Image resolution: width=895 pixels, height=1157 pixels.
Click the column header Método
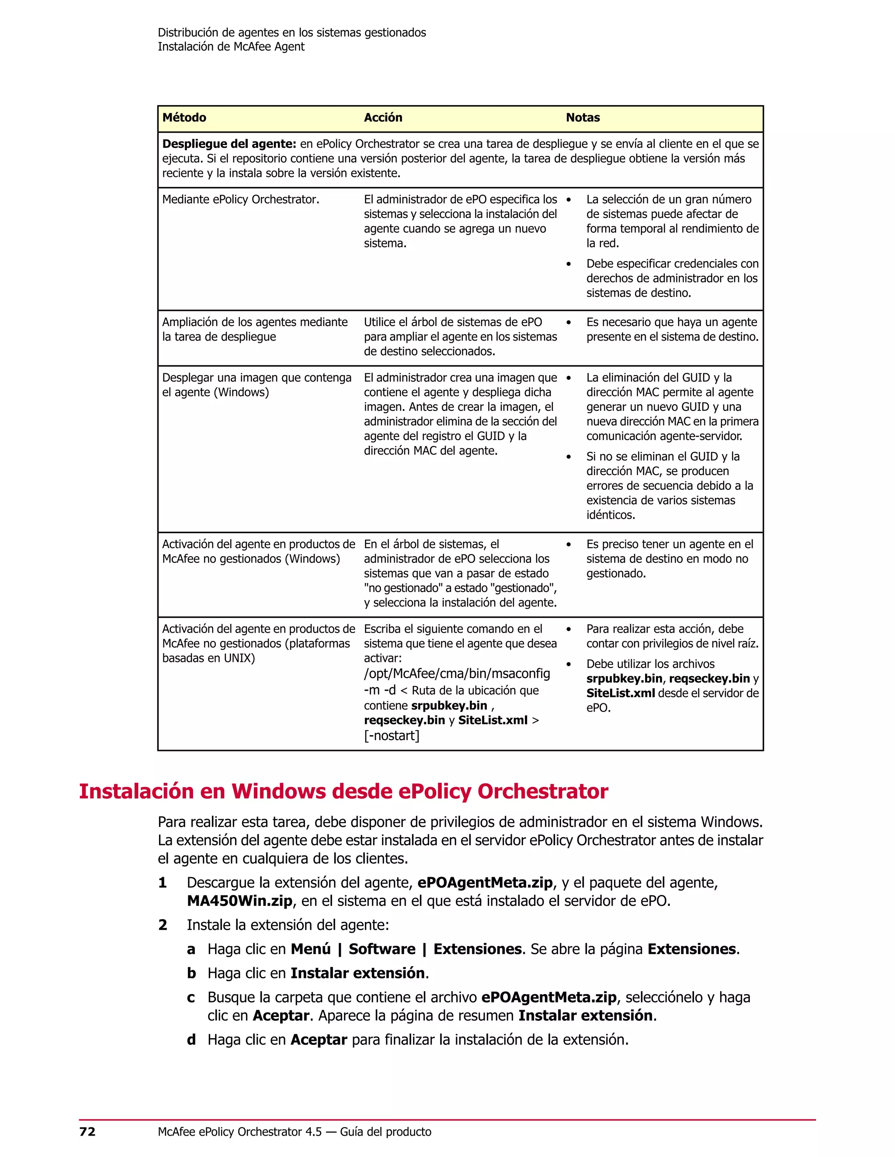184,117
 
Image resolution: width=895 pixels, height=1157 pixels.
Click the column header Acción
383,117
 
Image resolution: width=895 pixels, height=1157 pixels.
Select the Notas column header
583,117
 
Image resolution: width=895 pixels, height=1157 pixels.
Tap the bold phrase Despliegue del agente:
229,144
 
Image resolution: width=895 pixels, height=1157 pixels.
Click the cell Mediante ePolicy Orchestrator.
241,200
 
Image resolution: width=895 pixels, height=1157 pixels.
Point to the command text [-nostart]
391,735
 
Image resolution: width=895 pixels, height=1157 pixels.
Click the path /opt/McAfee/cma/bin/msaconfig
457,673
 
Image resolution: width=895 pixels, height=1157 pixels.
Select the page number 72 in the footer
87,1132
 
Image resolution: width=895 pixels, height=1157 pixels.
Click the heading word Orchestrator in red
542,792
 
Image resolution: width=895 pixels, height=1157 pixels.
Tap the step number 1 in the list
163,882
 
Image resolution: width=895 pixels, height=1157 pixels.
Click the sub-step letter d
191,1040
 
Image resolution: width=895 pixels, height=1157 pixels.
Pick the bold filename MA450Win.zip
239,901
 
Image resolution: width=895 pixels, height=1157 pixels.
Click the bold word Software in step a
382,949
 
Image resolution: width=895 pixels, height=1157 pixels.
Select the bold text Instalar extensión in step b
358,973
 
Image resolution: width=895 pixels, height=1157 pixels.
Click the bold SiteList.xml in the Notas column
621,693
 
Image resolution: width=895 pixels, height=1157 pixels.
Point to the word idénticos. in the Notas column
610,515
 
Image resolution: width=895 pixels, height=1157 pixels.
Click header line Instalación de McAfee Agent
231,47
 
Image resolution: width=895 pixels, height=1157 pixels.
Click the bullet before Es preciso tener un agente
569,544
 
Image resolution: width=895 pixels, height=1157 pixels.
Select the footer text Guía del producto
385,1132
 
